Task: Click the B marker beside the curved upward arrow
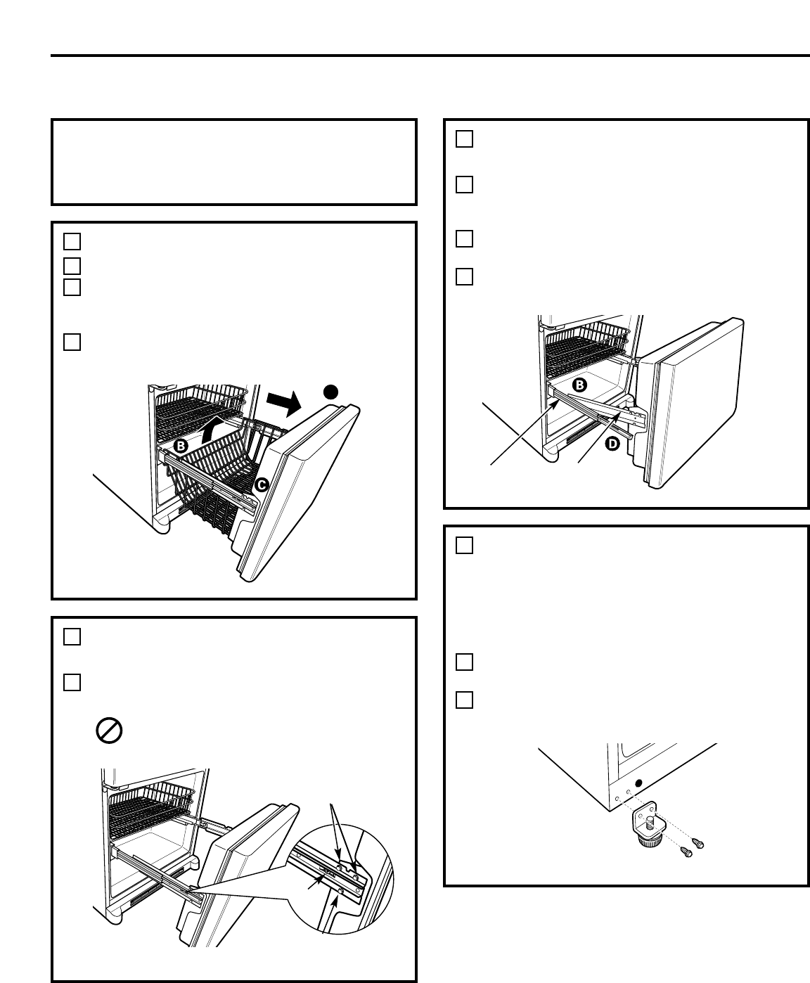point(181,446)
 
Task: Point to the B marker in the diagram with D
point(581,385)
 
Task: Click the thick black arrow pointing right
point(284,406)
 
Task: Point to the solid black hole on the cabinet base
point(638,783)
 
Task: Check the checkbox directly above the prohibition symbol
point(71,683)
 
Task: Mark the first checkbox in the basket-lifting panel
point(71,241)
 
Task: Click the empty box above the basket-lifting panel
point(234,162)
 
